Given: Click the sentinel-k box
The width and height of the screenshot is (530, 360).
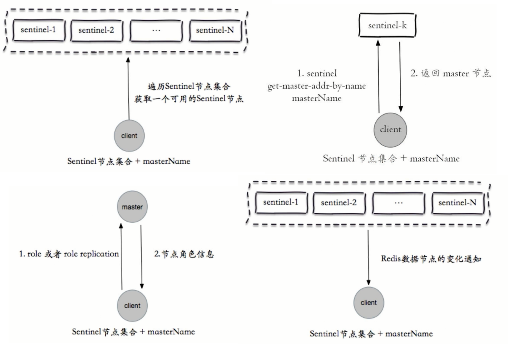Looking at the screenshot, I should coord(387,25).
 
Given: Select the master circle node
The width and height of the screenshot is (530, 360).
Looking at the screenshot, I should coord(132,207).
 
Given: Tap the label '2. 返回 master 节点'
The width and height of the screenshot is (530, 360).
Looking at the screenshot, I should coord(450,73).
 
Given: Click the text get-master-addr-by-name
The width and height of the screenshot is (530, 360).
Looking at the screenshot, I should coord(316,86).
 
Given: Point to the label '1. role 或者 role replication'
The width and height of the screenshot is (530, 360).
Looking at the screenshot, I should coord(69,254).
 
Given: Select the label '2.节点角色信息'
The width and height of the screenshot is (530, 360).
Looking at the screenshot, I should coord(184,254).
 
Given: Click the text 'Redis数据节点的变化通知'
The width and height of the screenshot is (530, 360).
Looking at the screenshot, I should coord(431,259).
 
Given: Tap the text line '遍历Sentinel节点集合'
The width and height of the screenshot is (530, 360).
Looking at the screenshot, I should coord(189,86).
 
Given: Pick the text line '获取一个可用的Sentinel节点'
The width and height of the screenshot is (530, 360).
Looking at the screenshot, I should coord(189,99).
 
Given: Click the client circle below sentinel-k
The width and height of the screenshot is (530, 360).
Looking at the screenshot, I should coord(390,130).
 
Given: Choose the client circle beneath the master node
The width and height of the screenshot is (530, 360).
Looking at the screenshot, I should coord(132,306).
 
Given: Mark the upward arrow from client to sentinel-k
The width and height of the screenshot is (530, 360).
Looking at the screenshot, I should coord(378,76).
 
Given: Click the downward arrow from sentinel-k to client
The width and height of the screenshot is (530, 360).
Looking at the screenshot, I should coord(400,76).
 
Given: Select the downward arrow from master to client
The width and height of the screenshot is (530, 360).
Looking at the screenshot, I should coord(141,257).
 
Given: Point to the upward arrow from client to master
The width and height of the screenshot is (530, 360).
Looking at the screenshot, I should coord(121,257).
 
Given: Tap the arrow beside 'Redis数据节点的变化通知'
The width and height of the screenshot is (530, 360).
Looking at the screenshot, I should coord(368,257).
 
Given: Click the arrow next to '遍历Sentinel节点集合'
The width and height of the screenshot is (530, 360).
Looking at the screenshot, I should coord(128,88).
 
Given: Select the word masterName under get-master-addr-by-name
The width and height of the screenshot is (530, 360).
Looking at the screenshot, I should coord(316,98).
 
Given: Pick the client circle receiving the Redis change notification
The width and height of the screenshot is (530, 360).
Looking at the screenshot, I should coord(368,303).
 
